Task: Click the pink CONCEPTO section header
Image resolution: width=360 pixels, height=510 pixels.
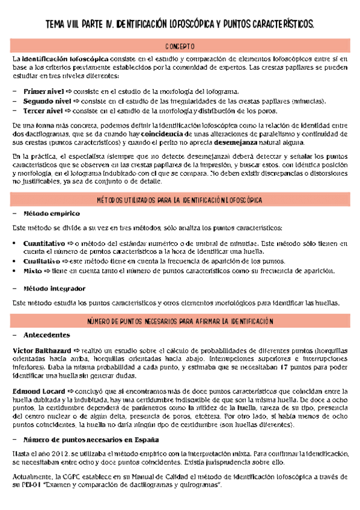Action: pyautogui.click(x=180, y=46)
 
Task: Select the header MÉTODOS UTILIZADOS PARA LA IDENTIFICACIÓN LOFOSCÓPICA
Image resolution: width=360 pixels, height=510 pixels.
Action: pyautogui.click(x=180, y=198)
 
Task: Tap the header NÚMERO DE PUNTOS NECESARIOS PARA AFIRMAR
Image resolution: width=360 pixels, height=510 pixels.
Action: pyautogui.click(x=180, y=322)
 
